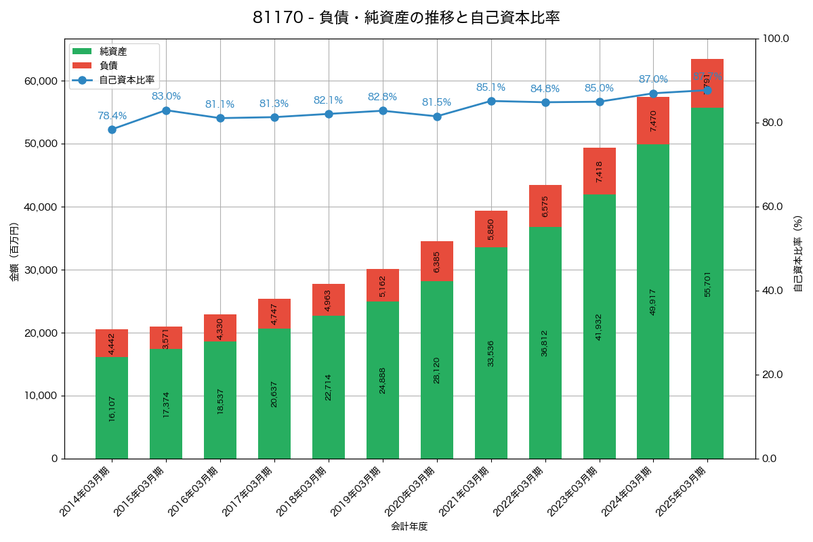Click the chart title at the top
click(x=406, y=18)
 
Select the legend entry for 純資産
click(x=112, y=51)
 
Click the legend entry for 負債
click(x=108, y=66)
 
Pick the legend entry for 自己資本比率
click(x=126, y=80)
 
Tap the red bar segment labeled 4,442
click(x=112, y=343)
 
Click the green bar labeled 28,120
click(x=437, y=369)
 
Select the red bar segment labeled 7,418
click(x=599, y=171)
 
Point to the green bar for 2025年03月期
click(x=707, y=283)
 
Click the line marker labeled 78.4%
click(x=112, y=129)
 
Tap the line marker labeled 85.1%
click(x=491, y=101)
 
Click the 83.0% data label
click(x=166, y=96)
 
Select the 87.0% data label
click(x=653, y=79)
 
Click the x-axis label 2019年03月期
click(x=356, y=493)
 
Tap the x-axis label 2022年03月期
click(x=519, y=493)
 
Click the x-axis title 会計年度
click(x=409, y=526)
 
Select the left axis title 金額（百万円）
click(x=14, y=252)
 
